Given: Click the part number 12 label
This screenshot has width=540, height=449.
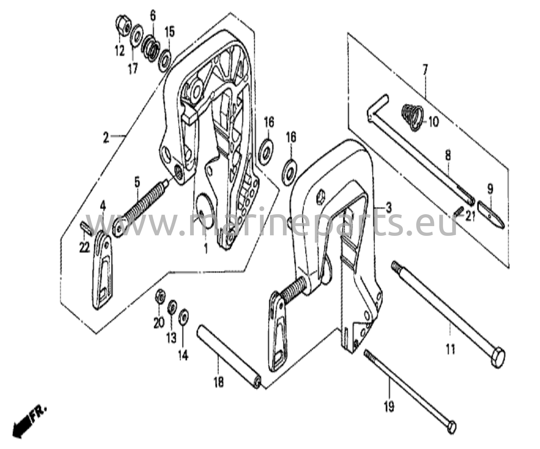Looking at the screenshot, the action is [x=119, y=51].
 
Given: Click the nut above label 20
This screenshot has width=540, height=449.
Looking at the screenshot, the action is [x=160, y=297].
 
